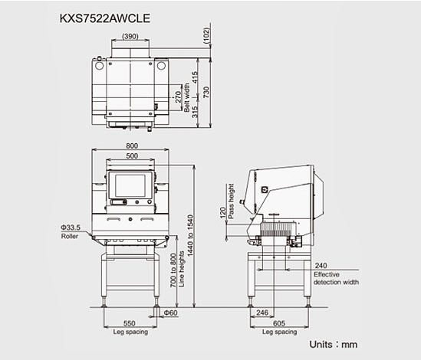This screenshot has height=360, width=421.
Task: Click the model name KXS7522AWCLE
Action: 105,18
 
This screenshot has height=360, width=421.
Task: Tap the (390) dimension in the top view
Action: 130,36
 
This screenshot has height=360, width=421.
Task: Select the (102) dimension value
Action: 206,35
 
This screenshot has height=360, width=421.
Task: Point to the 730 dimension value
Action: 206,92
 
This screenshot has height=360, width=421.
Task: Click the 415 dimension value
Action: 195,77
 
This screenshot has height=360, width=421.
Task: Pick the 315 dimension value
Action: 195,112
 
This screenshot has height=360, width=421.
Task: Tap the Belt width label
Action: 186,97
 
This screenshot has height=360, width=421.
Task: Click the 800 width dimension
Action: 132,146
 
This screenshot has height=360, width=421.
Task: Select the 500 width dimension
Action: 132,155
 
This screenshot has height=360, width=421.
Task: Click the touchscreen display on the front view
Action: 130,185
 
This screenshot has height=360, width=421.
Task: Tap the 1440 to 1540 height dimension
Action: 190,235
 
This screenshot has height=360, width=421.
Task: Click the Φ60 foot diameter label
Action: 171,313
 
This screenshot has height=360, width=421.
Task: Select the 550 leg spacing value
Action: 130,323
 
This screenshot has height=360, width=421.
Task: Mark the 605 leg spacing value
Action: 279,323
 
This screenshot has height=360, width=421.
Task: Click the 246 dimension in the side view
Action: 262,313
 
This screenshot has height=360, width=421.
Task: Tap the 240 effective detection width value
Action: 321,266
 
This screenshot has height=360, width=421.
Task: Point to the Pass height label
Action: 231,201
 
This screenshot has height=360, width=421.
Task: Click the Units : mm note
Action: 334,345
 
